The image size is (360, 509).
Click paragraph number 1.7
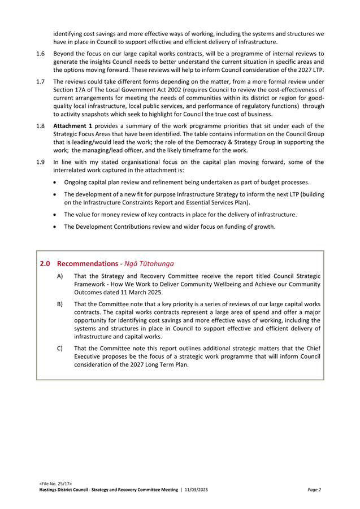tap(41, 82)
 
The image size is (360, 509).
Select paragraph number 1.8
tap(41, 126)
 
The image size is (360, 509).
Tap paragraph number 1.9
tap(41, 163)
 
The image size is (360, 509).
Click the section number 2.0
tap(46, 263)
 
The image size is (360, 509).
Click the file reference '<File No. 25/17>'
tap(55, 484)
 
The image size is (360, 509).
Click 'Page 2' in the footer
tap(314, 490)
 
